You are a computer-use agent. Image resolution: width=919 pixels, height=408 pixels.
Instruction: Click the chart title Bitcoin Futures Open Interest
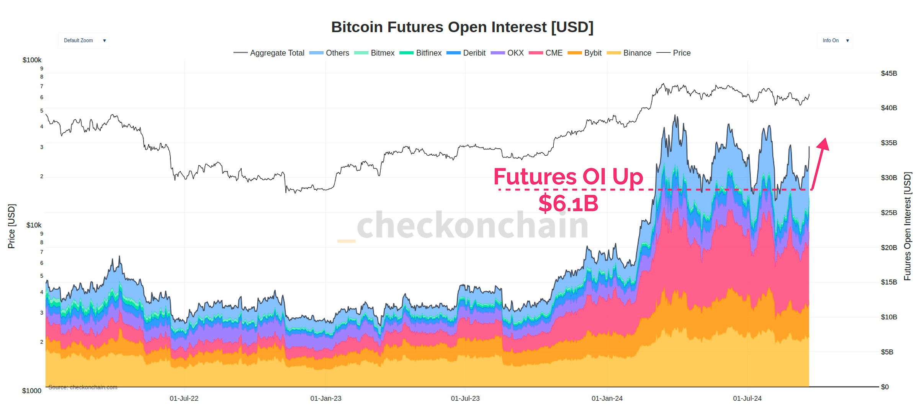pyautogui.click(x=462, y=27)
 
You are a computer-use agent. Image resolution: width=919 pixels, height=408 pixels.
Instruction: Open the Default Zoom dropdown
pyautogui.click(x=84, y=41)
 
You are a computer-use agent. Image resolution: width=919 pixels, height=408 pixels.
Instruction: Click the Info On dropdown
pyautogui.click(x=835, y=41)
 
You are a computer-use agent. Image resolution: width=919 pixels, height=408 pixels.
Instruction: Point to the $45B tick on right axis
pyautogui.click(x=888, y=73)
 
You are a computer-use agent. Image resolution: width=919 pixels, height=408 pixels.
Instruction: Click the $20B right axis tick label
pyautogui.click(x=888, y=248)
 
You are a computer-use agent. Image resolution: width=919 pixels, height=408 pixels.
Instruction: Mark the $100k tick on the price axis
pyautogui.click(x=32, y=60)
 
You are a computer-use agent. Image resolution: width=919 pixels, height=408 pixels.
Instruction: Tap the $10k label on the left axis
pyautogui.click(x=34, y=225)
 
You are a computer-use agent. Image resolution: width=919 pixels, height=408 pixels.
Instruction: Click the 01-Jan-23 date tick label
pyautogui.click(x=325, y=398)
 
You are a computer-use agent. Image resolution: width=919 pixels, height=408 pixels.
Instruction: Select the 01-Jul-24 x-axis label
pyautogui.click(x=747, y=398)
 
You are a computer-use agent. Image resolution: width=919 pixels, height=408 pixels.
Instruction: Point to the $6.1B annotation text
pyautogui.click(x=568, y=203)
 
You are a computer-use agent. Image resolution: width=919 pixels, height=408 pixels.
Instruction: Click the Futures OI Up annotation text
pyautogui.click(x=568, y=177)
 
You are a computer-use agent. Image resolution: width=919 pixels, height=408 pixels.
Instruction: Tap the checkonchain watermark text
pyautogui.click(x=472, y=226)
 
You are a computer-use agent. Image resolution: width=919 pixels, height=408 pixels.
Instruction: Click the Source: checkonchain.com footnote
pyautogui.click(x=83, y=387)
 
